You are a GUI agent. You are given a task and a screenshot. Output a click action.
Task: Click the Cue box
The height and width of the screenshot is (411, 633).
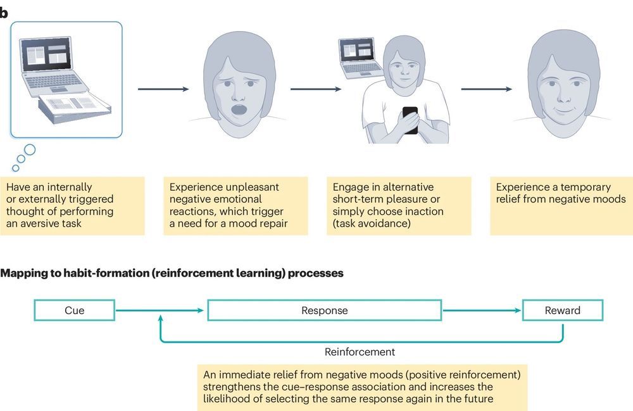coord(75,310)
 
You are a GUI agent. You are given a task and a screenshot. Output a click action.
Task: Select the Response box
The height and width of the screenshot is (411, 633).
coord(324,310)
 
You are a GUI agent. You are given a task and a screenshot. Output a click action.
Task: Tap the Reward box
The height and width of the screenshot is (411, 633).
coord(562,310)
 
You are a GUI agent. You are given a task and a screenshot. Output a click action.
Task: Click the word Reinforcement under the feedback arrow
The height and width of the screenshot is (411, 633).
coord(360,351)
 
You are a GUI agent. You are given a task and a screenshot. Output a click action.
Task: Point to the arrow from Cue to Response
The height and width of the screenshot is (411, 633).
coord(161,310)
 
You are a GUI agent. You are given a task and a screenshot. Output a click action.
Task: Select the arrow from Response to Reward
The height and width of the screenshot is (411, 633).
coord(481,310)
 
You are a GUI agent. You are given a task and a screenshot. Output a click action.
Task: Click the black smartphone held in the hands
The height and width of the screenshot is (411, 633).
coord(410,120)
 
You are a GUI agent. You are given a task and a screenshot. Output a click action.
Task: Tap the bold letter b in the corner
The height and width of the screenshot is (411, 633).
coord(3,13)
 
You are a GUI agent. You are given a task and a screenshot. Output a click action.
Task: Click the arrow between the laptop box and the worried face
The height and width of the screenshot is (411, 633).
coord(163,89)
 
